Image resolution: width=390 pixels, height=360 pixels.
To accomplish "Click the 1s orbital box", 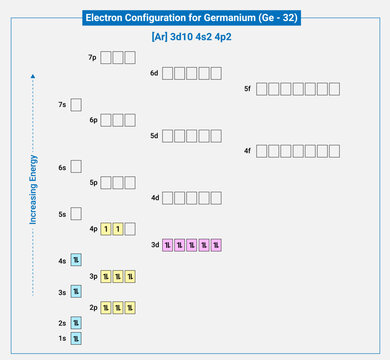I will pos(76,339).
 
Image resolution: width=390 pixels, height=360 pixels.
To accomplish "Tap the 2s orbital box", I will pos(76,323).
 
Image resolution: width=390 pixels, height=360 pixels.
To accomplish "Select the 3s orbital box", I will pos(76,292).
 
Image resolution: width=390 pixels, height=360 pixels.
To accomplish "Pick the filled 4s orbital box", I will pos(76,261).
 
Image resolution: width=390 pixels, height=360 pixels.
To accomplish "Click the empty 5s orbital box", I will pos(76,214).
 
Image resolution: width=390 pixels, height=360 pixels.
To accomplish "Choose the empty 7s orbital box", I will pos(76,104).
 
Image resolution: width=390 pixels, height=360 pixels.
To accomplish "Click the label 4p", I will pos(93,229).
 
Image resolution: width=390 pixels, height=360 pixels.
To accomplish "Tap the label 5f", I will pos(248,89).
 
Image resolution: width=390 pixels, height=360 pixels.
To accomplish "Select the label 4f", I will pos(248,151).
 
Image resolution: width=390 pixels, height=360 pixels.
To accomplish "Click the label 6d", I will pos(154,73).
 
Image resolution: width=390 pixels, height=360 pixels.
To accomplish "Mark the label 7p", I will pos(93,58).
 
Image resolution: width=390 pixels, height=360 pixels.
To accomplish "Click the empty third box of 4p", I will pos(130,229).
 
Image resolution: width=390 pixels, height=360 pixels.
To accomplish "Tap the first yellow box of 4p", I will pos(105,229).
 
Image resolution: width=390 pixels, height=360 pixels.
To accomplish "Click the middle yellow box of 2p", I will pos(117,307).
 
